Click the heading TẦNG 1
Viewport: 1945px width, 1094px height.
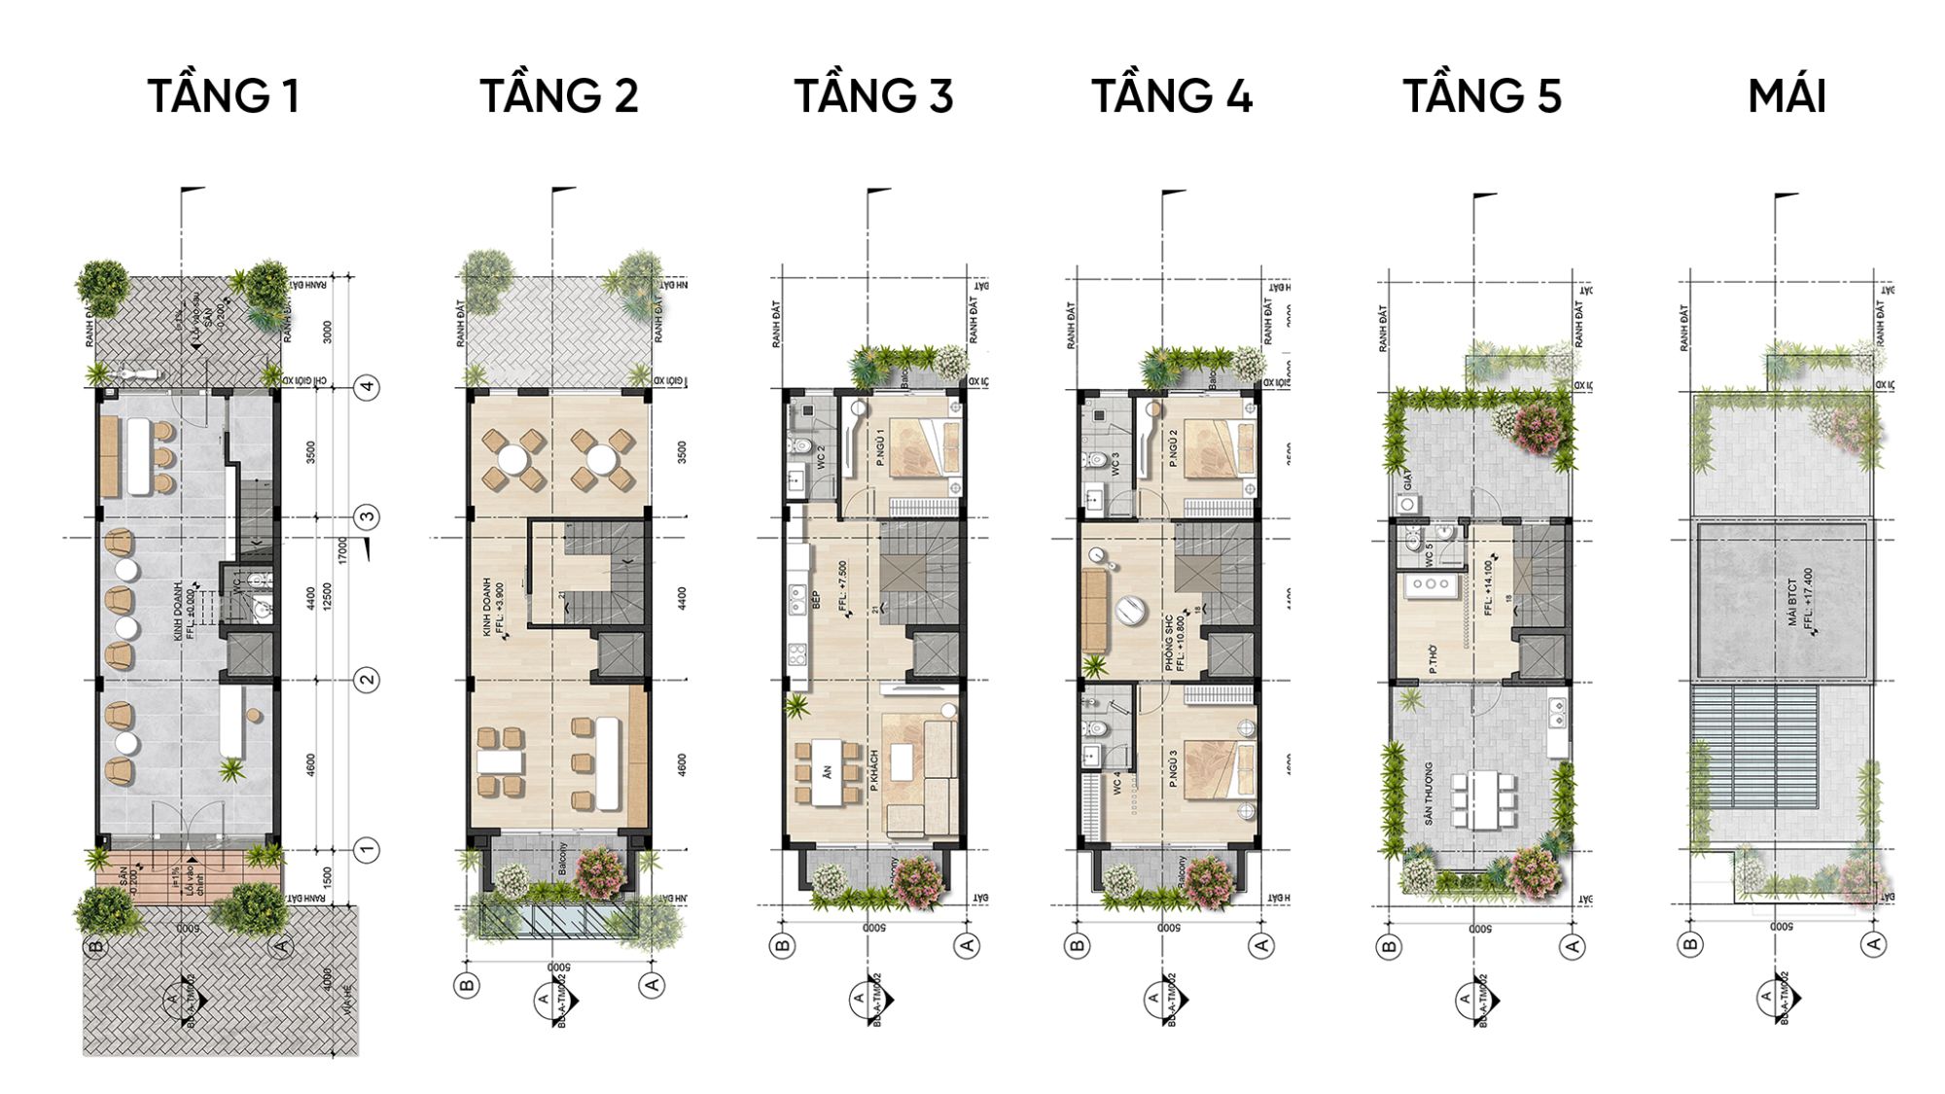pos(223,96)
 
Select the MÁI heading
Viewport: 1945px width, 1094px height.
pos(1786,96)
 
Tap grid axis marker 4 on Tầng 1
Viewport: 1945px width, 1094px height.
pos(367,387)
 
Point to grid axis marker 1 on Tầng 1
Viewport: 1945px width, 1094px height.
pos(367,850)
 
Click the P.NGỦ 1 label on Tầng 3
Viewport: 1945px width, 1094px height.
pos(880,446)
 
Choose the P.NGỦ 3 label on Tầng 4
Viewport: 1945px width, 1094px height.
pos(1174,768)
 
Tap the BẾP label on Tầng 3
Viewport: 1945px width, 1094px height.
pos(816,600)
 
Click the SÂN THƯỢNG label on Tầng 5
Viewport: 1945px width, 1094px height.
pos(1429,794)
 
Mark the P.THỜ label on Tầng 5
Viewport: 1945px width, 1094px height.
pos(1433,659)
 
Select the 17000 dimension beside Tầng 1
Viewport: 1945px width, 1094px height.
pos(342,550)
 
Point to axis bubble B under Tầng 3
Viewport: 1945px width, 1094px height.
pos(782,945)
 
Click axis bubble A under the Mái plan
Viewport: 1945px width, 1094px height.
pos(1874,943)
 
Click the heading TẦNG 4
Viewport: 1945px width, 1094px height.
pos(1171,96)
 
